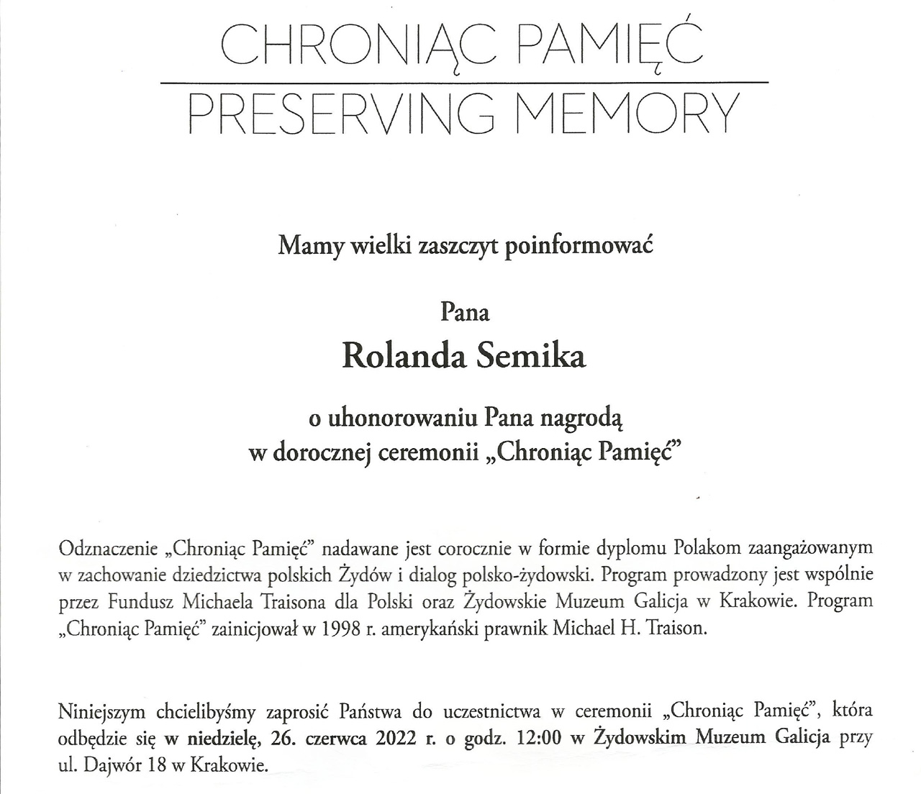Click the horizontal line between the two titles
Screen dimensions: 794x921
464,83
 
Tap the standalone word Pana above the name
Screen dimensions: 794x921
464,313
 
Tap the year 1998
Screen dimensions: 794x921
342,629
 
